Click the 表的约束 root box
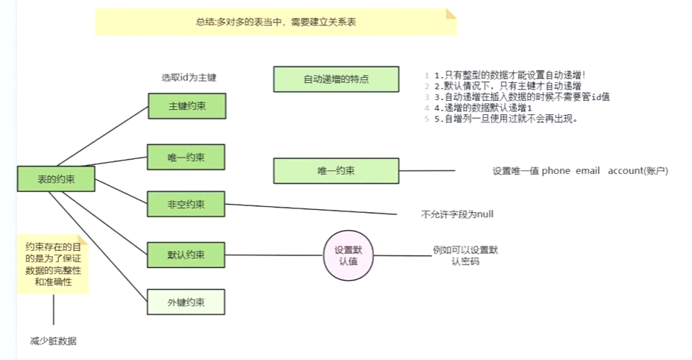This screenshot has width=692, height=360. pyautogui.click(x=56, y=179)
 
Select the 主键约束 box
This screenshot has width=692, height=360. pyautogui.click(x=187, y=106)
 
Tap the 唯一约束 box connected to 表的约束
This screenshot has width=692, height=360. pyautogui.click(x=187, y=157)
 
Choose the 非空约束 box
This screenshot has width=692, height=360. pyautogui.click(x=187, y=203)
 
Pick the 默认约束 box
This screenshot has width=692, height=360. pyautogui.click(x=187, y=255)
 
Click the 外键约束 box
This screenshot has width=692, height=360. pyautogui.click(x=187, y=302)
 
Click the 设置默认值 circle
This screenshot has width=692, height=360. pyautogui.click(x=348, y=255)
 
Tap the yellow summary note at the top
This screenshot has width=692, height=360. pyautogui.click(x=275, y=22)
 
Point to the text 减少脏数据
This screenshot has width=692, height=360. pyautogui.click(x=54, y=341)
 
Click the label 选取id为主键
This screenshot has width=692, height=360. pyautogui.click(x=189, y=77)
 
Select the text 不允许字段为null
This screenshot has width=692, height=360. pyautogui.click(x=457, y=214)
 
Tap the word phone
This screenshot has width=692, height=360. pyautogui.click(x=555, y=171)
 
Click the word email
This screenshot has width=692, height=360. pyautogui.click(x=588, y=171)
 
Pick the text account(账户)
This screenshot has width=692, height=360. pyautogui.click(x=638, y=171)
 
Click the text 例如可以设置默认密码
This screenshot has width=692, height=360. pyautogui.click(x=465, y=256)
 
